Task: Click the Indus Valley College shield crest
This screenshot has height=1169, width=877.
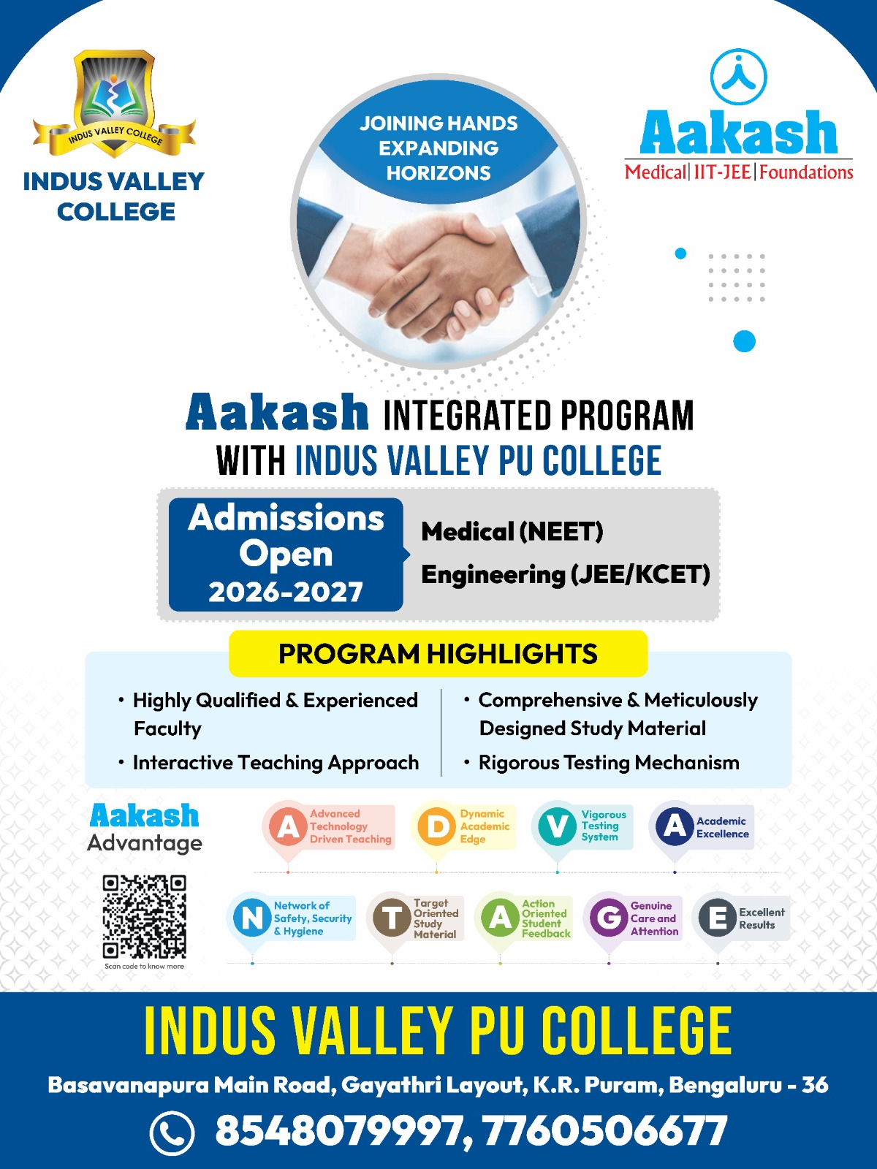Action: click(x=114, y=102)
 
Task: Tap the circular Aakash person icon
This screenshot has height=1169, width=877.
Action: click(x=739, y=77)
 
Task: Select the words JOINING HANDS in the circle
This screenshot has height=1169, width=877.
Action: click(x=438, y=123)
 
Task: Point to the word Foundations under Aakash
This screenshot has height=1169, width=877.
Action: click(x=806, y=172)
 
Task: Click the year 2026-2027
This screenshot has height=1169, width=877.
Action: click(x=286, y=592)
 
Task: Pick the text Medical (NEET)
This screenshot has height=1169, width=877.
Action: click(x=512, y=531)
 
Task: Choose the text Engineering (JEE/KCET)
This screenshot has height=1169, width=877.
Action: click(x=566, y=574)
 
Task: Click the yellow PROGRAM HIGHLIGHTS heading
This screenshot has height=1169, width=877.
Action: click(x=438, y=653)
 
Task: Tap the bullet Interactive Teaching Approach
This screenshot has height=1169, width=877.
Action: click(x=276, y=763)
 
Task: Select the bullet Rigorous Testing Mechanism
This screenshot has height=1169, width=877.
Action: click(x=609, y=763)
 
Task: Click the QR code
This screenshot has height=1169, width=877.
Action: click(x=145, y=916)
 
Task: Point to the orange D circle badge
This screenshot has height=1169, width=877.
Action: click(x=436, y=826)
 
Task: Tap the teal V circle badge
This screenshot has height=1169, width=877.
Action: click(x=557, y=826)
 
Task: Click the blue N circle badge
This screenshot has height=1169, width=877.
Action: click(x=252, y=917)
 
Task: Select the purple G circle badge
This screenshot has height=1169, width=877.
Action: click(x=609, y=917)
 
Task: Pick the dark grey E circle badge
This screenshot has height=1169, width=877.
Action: click(x=718, y=917)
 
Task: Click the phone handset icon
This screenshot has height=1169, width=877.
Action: click(x=172, y=1132)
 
